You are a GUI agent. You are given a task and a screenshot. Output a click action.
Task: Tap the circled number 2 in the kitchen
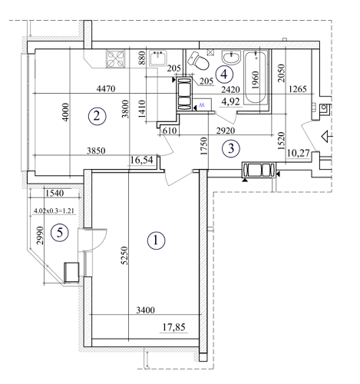(95, 117)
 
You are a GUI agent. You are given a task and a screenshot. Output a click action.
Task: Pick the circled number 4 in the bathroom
(223, 74)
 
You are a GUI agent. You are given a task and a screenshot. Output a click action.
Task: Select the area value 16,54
(144, 159)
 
